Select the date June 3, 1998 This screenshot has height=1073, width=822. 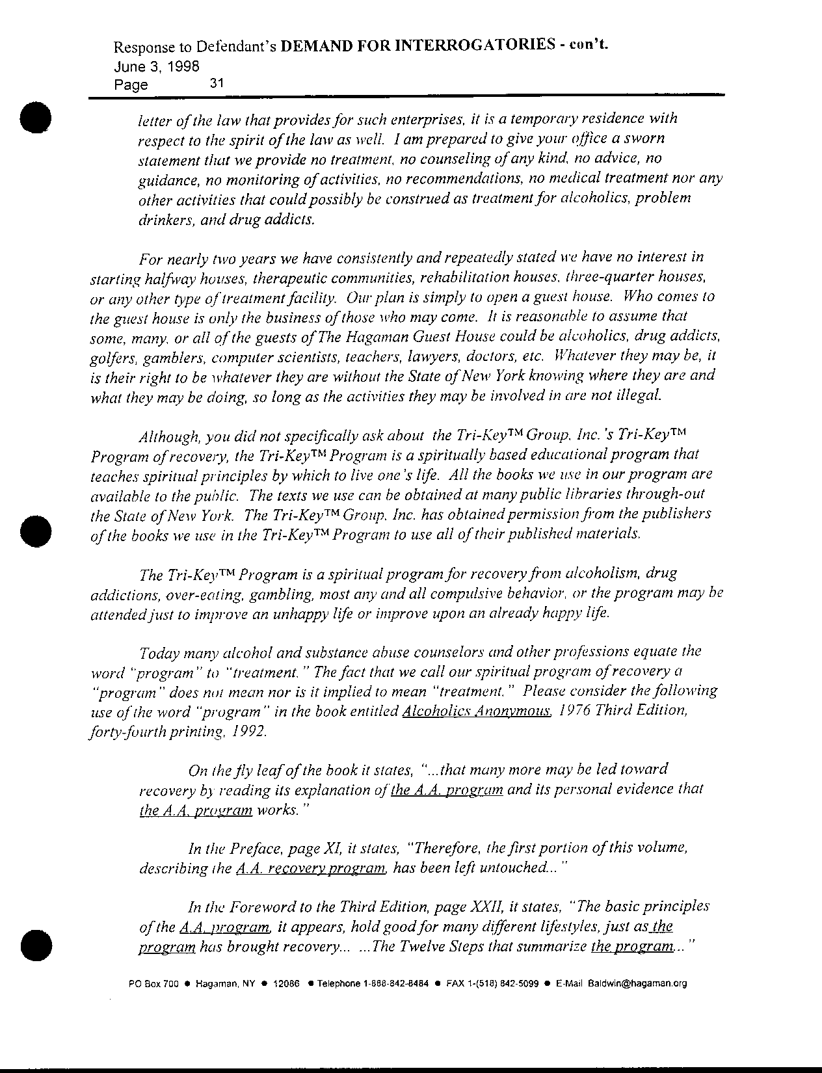tap(156, 66)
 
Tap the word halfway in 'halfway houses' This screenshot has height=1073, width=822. tap(166, 278)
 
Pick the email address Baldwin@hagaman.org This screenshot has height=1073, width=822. tap(637, 984)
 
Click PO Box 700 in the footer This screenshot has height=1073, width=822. tap(154, 984)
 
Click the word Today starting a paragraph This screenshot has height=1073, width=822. tap(159, 652)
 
